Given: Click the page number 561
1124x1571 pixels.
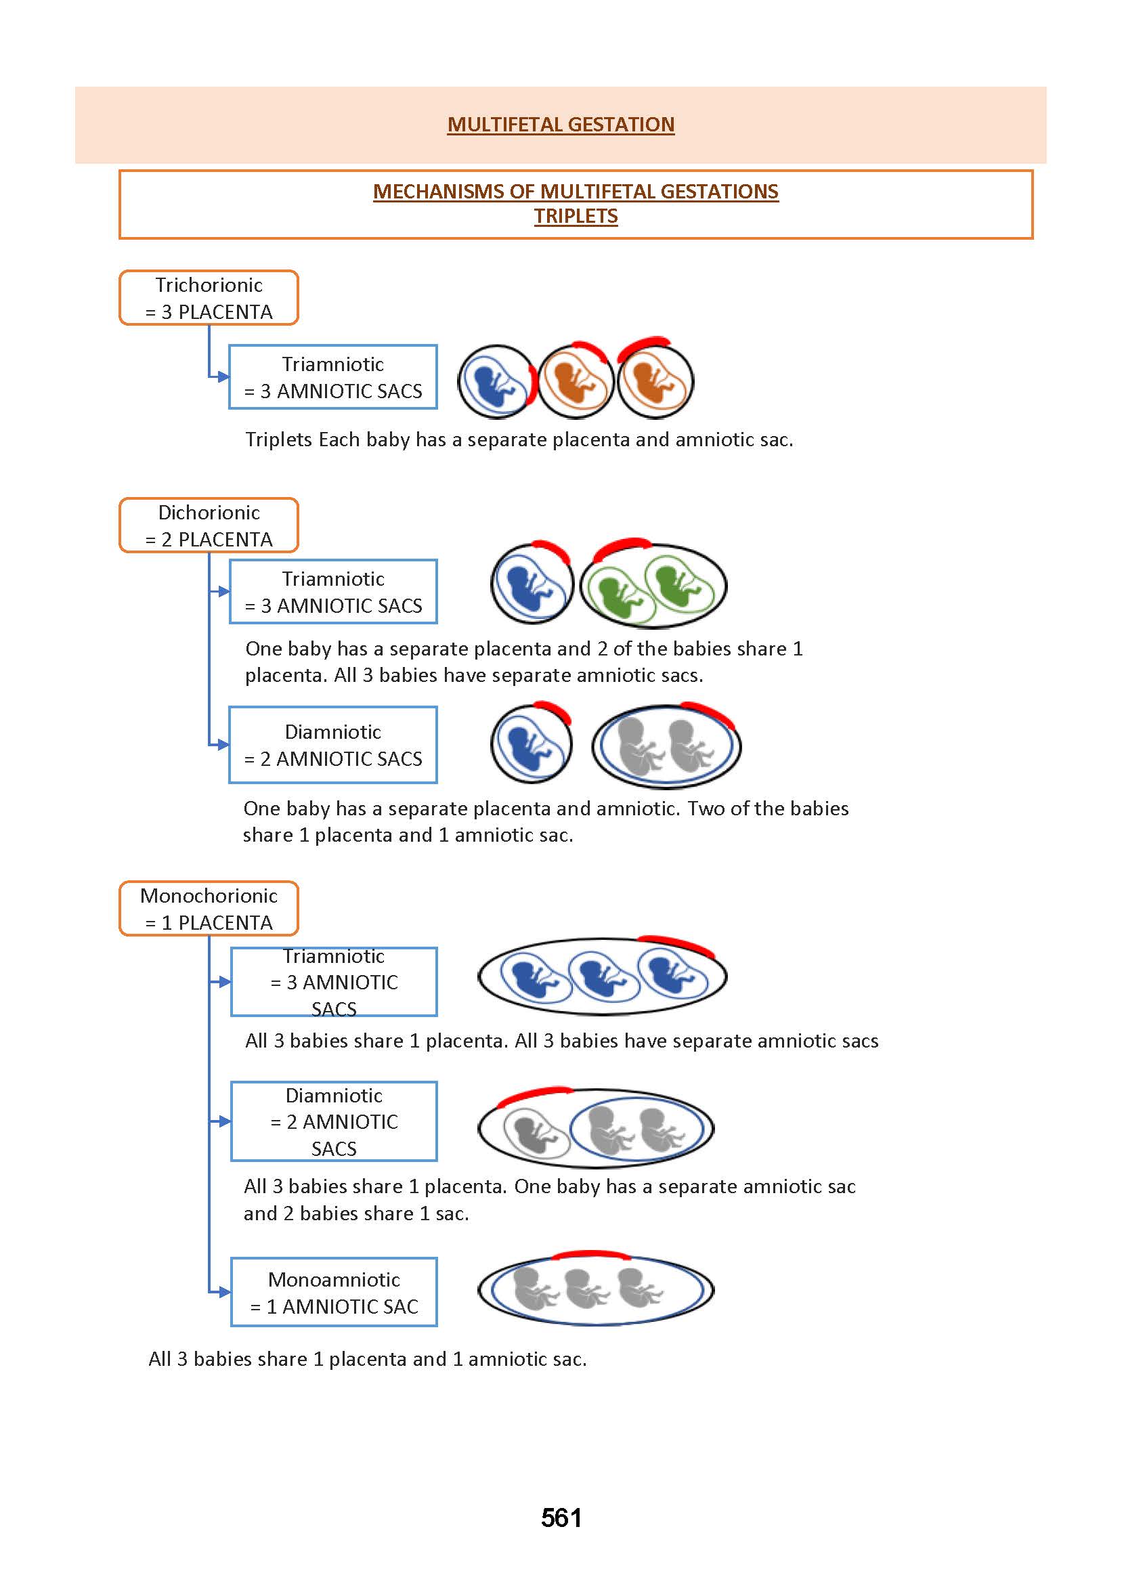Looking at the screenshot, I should click(x=561, y=1517).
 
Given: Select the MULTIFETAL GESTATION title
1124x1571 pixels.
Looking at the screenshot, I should click(x=561, y=125).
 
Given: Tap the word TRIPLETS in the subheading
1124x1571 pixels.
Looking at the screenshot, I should click(x=575, y=216).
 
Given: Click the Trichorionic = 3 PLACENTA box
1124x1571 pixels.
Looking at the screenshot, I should click(x=209, y=297).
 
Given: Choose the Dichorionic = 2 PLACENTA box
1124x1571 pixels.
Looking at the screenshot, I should click(x=209, y=525).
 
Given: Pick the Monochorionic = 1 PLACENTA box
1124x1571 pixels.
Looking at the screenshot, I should click(x=209, y=909).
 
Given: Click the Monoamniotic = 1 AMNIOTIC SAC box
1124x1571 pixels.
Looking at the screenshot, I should click(x=334, y=1292).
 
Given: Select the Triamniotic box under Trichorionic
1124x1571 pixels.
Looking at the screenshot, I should click(x=333, y=377).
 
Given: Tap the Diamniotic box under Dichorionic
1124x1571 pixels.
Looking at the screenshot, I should click(x=333, y=745).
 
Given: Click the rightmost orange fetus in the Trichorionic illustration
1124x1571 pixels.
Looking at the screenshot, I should click(x=652, y=383).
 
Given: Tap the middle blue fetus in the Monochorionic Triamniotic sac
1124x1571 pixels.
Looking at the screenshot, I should click(x=599, y=976).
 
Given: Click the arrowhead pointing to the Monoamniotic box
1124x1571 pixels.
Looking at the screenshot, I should click(x=223, y=1292).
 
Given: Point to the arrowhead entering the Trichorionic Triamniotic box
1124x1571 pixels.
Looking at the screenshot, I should click(x=223, y=377).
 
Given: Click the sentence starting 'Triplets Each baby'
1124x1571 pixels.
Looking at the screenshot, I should click(x=519, y=439).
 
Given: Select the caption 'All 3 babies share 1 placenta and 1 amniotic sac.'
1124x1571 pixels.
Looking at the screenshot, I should click(x=368, y=1359).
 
